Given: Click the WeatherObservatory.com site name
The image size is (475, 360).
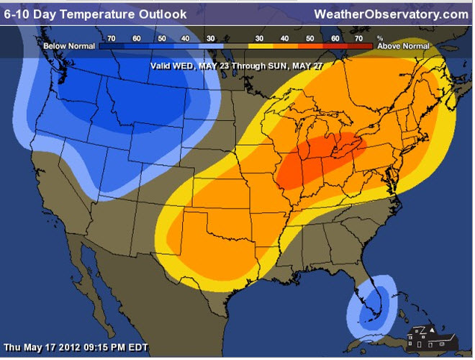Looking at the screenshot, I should (x=391, y=14).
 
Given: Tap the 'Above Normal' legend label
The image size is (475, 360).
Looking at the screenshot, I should (x=404, y=45).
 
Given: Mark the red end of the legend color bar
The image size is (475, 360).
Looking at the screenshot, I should (x=363, y=45).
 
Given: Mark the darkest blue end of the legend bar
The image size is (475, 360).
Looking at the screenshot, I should (x=108, y=45).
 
